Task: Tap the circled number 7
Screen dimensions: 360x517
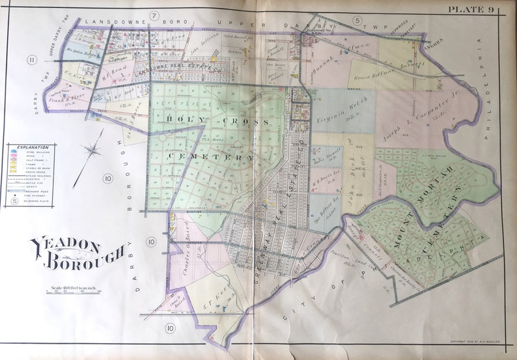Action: click(x=155, y=15)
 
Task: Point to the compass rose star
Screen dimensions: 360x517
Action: click(x=93, y=152)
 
